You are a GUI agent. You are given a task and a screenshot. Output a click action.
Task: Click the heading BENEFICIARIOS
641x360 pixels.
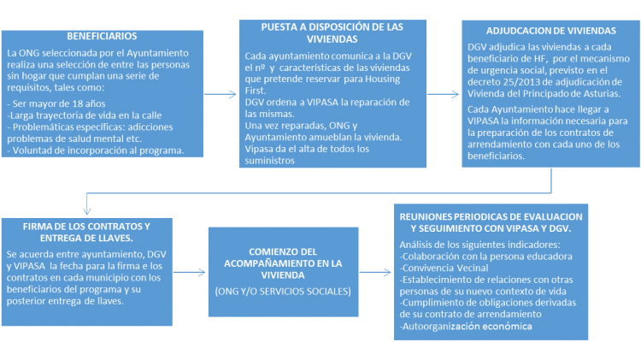[x=102, y=36]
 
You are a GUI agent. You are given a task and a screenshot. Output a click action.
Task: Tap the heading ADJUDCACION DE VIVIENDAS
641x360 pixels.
[x=550, y=31]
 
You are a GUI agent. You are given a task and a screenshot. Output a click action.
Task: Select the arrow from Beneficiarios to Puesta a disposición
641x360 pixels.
[x=221, y=94]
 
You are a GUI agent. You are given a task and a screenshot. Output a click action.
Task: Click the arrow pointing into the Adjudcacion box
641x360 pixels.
[x=443, y=94]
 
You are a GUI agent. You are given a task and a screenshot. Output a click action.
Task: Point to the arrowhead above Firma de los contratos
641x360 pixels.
[x=86, y=210]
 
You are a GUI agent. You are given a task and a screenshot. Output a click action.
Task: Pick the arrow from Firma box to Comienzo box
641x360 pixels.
[x=189, y=272]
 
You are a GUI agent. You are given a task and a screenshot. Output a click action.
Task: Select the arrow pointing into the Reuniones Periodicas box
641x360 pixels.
[x=375, y=272]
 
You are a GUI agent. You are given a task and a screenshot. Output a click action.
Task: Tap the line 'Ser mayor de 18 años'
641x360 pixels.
[x=56, y=103]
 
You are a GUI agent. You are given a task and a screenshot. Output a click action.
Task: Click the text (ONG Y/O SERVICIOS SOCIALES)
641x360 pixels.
[x=283, y=292]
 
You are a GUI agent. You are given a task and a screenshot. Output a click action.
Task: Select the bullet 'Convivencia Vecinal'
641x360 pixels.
[x=444, y=268]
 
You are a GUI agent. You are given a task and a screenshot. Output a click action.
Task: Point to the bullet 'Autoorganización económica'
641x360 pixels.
[x=466, y=326]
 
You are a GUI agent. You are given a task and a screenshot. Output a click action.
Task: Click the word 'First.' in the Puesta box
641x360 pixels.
[x=256, y=91]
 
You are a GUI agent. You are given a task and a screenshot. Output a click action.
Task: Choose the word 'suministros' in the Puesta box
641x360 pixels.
[x=269, y=161]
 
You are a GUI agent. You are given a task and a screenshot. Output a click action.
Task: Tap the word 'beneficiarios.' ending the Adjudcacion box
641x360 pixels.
[x=496, y=156]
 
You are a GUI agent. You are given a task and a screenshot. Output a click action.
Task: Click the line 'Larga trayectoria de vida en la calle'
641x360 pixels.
[x=85, y=115]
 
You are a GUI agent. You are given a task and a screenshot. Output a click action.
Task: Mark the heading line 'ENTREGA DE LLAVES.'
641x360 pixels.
[x=86, y=238]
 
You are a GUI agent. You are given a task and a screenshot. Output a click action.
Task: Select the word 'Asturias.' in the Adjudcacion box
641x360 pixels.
[x=603, y=93]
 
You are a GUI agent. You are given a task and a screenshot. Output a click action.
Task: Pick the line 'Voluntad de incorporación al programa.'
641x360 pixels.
[x=96, y=150]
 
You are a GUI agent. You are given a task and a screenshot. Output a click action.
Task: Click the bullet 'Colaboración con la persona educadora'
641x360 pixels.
[x=486, y=257]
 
